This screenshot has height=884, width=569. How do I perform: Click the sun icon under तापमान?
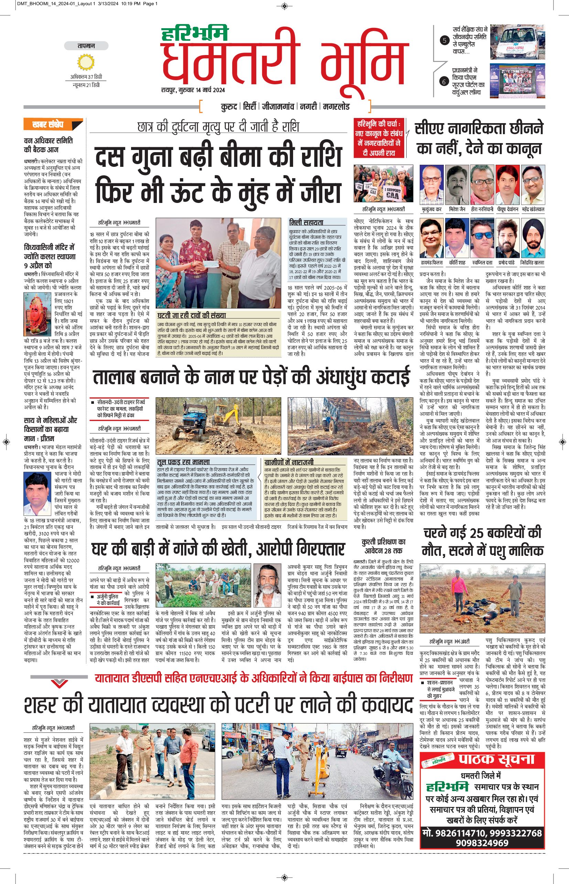point(86,62)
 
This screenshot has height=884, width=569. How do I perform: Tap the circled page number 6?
point(444,82)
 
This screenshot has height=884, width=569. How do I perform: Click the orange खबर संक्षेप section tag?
point(49,125)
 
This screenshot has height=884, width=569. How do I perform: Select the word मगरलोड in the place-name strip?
point(335,107)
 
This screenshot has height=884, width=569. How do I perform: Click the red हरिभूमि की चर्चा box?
point(379,138)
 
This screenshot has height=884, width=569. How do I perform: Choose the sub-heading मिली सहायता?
point(306,223)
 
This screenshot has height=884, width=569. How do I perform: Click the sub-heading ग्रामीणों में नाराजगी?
point(289,462)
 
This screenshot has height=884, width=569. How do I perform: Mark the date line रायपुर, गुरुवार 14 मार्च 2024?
point(193,90)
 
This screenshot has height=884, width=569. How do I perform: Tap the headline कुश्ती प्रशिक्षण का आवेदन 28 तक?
point(383,546)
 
